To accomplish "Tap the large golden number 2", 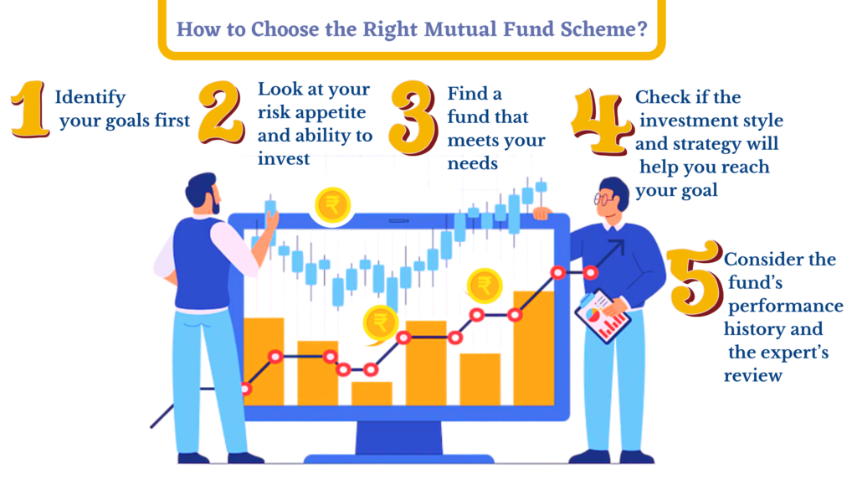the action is coord(221,112).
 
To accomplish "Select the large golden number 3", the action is coord(413,116).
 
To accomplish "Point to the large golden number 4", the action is coord(601,121).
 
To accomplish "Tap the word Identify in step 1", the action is coord(90,98).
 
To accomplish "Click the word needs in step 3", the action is coord(472,163).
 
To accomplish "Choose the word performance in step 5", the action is coord(785,307).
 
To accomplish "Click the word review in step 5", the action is coord(753,375).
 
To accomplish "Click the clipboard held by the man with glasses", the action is coord(603,317).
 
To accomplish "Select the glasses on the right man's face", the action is coord(603,198).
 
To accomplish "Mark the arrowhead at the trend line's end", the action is coord(617,247).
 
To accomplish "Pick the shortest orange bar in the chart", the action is coord(372,394).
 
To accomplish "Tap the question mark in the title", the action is coord(642,28).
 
